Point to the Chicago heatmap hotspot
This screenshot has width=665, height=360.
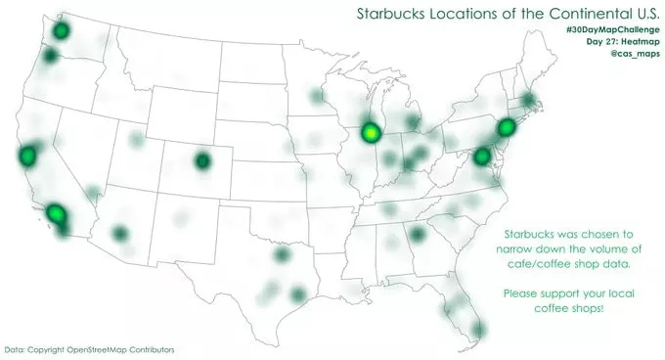point(370,131)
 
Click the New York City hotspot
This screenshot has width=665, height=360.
point(506,127)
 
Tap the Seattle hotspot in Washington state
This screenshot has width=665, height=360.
point(61,30)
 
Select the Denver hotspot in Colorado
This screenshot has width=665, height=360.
point(202,161)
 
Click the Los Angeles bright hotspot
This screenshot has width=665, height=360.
point(56,214)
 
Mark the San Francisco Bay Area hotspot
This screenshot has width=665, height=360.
point(26,156)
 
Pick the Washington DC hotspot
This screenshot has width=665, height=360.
point(481,157)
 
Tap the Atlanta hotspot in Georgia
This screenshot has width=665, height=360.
point(418,235)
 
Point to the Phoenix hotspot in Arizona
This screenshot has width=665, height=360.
point(119,234)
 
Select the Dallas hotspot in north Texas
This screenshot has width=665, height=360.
point(283,255)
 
